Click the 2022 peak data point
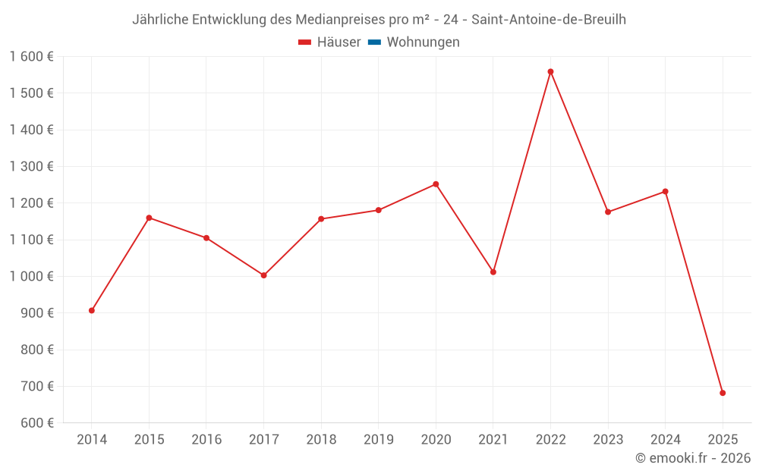click(x=550, y=72)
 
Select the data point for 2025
click(x=723, y=393)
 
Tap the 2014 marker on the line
click(x=92, y=310)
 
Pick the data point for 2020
click(x=436, y=184)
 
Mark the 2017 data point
click(x=263, y=275)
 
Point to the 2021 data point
click(x=493, y=272)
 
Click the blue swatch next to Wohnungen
click(x=374, y=42)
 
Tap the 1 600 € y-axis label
click(x=31, y=57)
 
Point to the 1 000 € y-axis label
click(x=31, y=276)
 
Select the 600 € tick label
click(x=36, y=422)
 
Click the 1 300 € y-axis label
click(x=31, y=167)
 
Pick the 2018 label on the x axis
click(x=321, y=439)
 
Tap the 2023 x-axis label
click(x=608, y=439)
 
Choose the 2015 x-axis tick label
click(x=149, y=439)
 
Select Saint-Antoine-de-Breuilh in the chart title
click(x=549, y=20)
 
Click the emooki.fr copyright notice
click(x=693, y=458)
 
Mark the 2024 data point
click(x=665, y=191)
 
